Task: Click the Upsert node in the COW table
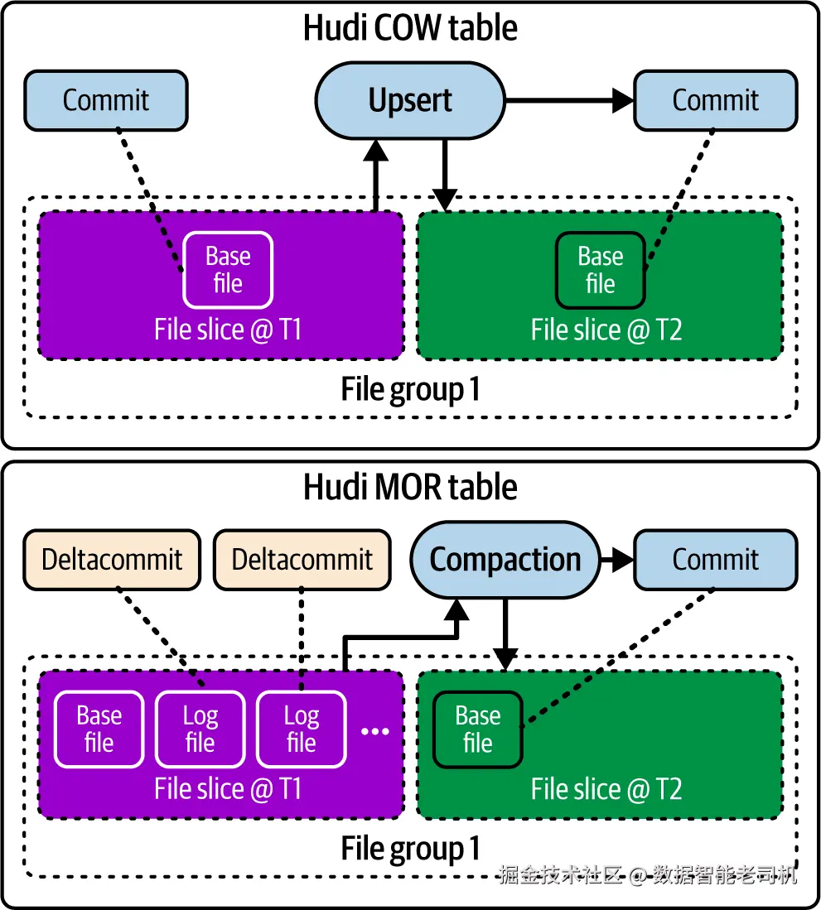[x=410, y=101]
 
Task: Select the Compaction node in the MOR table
[x=505, y=560]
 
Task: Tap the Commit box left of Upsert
[x=106, y=101]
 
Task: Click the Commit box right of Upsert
[x=716, y=101]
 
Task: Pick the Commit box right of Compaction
[x=716, y=560]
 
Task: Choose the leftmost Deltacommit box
[x=112, y=560]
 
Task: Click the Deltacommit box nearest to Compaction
[x=302, y=560]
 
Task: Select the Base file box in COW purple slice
[x=228, y=270]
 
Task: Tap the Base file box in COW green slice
[x=601, y=270]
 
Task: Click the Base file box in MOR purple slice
[x=99, y=729]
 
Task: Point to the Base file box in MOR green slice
[x=478, y=729]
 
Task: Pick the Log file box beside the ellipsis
[x=302, y=729]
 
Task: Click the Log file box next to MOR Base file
[x=200, y=729]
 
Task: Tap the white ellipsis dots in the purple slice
[x=375, y=731]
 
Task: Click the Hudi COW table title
[x=410, y=28]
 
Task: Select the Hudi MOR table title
[x=410, y=487]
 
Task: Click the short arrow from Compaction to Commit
[x=616, y=560]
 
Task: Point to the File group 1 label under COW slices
[x=410, y=389]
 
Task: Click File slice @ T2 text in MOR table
[x=606, y=789]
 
